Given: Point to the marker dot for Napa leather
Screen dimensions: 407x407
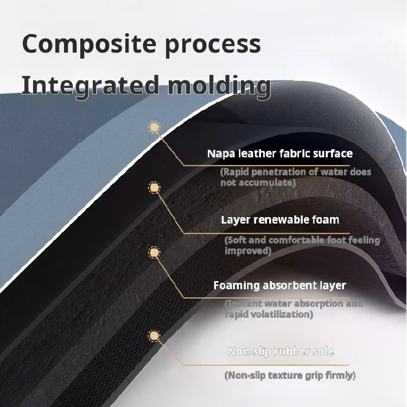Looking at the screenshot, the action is [x=155, y=128].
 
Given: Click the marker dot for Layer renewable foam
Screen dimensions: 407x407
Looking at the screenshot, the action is [x=155, y=188].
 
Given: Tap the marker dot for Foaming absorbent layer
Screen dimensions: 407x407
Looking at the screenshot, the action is [x=155, y=252].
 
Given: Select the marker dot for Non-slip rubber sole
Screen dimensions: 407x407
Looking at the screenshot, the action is [x=155, y=336].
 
